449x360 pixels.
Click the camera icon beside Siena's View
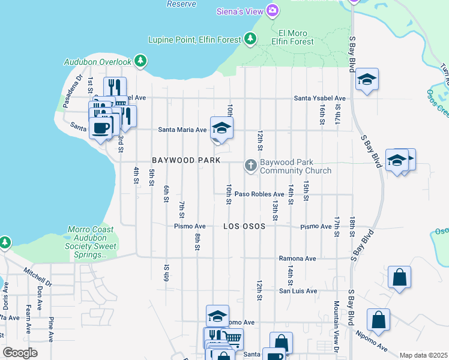tap(273, 10)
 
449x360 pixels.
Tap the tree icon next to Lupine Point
tap(250, 40)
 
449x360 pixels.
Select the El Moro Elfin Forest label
tap(293, 37)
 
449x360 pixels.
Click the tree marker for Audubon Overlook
tap(140, 61)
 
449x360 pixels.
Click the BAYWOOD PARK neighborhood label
tap(186, 161)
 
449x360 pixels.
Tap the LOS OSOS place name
tap(244, 227)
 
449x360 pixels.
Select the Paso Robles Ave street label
tap(259, 194)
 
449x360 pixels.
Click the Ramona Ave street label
tap(297, 259)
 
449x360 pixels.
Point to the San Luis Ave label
tap(297, 291)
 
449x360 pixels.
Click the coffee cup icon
tap(101, 127)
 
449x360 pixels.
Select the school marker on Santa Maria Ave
tap(221, 128)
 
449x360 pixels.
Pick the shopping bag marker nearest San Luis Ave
tap(399, 278)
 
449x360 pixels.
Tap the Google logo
tap(20, 353)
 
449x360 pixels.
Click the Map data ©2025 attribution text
tap(423, 355)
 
